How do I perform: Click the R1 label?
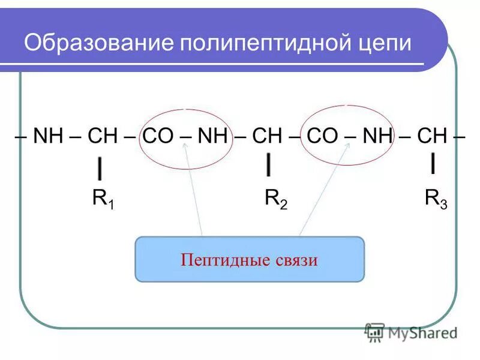coord(103,199)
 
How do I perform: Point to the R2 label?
coord(275,199)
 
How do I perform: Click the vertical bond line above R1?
coord(99,168)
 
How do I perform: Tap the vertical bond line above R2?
coord(269,164)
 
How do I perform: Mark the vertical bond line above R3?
coord(433,163)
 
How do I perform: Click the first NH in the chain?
coord(48,136)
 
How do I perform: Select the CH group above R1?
coord(102,136)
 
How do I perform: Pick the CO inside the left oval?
coord(157,136)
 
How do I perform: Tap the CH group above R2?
coord(267,136)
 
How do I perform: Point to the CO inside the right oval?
coord(322,136)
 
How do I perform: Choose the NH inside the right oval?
coord(377,136)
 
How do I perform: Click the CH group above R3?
coord(432,136)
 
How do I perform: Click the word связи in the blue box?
coord(293,260)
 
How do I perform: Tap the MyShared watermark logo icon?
coord(374,332)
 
